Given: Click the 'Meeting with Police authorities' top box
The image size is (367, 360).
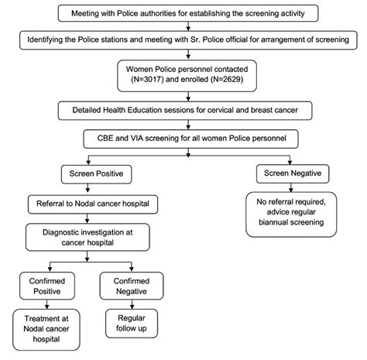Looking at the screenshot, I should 183,14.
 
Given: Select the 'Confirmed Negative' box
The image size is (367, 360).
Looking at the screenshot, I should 132,282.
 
